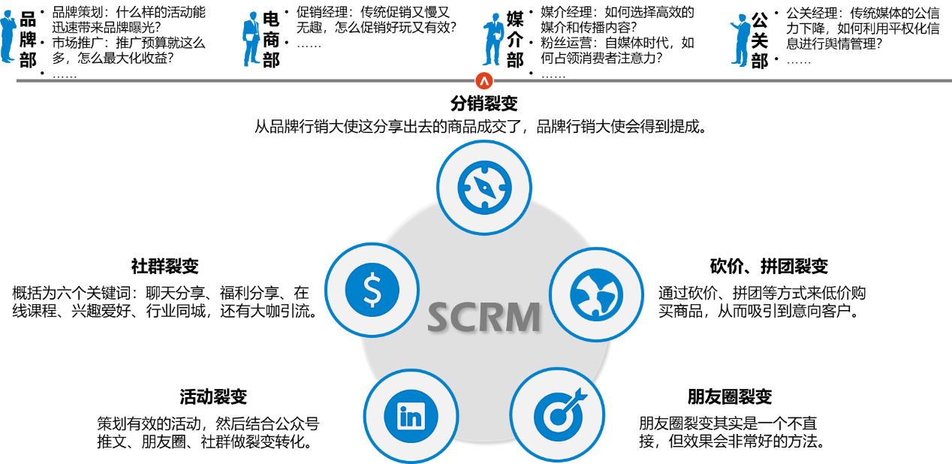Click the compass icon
click(x=484, y=187)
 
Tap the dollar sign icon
click(x=372, y=290)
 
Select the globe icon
click(x=596, y=294)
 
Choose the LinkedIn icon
click(x=411, y=416)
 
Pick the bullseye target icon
click(x=557, y=414)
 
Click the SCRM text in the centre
click(x=484, y=318)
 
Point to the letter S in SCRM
click(x=441, y=318)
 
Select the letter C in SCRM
click(x=466, y=318)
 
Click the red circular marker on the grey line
click(x=484, y=81)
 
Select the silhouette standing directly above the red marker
click(x=493, y=40)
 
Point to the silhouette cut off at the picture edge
click(x=7, y=36)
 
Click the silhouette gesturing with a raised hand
click(x=741, y=41)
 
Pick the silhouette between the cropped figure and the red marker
click(x=252, y=40)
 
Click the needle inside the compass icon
click(x=484, y=187)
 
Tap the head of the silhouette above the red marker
click(x=494, y=17)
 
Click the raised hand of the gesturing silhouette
click(x=732, y=24)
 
